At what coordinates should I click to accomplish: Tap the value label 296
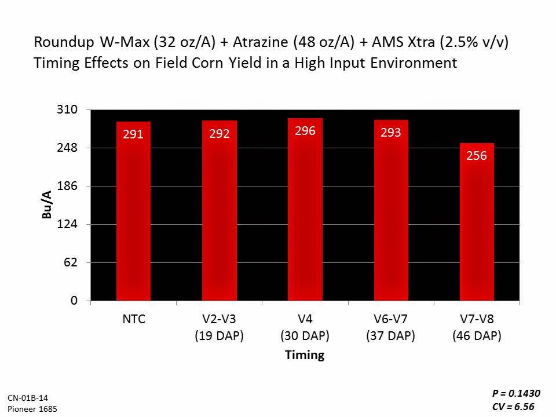(305, 131)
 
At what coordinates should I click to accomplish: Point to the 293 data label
(391, 133)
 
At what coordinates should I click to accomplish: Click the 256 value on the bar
(477, 156)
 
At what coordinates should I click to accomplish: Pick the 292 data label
(220, 134)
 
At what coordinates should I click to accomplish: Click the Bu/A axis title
(47, 204)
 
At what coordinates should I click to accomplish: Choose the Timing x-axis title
(305, 355)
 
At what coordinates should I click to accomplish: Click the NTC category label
(133, 318)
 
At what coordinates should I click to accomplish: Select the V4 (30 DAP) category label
(305, 327)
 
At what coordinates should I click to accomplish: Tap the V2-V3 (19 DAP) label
(220, 327)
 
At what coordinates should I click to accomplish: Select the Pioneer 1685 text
(32, 409)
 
